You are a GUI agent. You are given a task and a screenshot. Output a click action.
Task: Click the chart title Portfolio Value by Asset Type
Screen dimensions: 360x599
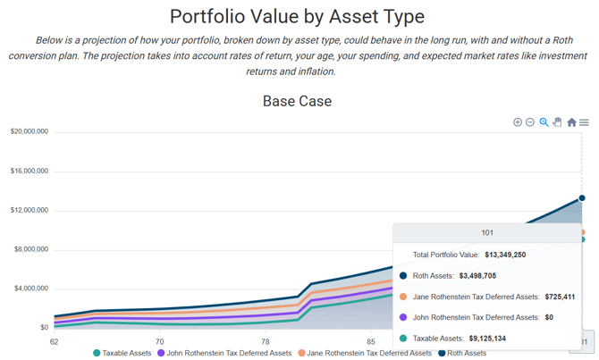pos(297,16)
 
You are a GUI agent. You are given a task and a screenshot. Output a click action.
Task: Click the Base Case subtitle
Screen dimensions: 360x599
pos(297,101)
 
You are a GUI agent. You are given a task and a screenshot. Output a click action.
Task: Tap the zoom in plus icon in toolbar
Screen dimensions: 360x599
pos(518,121)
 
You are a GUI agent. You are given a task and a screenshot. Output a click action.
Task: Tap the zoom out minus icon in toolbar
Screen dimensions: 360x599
pos(530,121)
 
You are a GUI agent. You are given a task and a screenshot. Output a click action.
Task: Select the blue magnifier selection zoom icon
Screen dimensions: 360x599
pos(544,121)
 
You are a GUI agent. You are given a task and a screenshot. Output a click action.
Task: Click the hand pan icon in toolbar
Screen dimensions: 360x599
pos(557,121)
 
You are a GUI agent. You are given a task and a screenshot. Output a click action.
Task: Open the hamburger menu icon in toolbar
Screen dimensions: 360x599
pos(584,122)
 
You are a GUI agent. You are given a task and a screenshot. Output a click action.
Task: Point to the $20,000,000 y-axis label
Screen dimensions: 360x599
pos(30,131)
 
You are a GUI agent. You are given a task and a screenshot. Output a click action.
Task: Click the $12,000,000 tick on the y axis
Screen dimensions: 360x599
pos(30,210)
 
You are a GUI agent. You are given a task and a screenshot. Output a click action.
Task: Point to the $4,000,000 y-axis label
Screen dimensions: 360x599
pos(30,289)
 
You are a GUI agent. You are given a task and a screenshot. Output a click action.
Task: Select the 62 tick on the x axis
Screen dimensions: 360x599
pos(55,341)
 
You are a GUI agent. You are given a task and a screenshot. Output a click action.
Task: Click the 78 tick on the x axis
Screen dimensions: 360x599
pos(265,341)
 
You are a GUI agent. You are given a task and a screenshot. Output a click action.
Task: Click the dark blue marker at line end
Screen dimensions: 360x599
pos(582,198)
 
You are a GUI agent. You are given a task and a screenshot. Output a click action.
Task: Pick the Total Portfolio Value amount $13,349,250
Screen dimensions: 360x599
pos(505,255)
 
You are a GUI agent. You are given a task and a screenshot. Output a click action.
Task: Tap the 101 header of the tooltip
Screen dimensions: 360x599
pos(487,232)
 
